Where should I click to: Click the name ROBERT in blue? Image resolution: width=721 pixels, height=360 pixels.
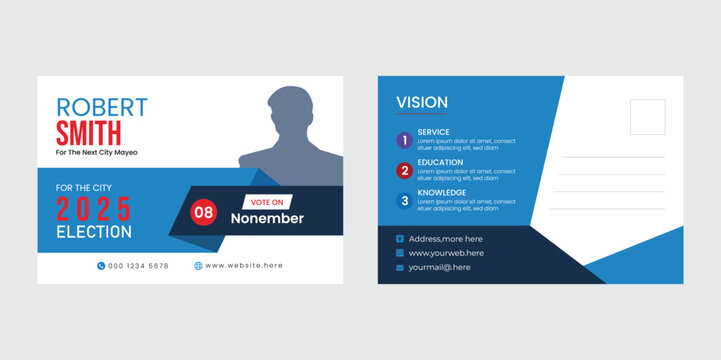coord(102,107)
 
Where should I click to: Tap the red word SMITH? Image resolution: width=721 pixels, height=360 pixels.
coord(89,133)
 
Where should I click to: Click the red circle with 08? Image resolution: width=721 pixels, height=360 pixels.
coord(204,212)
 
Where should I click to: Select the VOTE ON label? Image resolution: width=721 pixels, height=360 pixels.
coord(267,202)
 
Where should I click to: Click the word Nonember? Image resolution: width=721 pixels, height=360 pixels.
coord(267,219)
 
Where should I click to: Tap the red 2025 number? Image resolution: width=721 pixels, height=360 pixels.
coord(93,209)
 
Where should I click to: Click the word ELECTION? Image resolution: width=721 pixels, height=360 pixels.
coord(93,232)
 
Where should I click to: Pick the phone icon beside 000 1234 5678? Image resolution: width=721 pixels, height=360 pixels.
coord(101,266)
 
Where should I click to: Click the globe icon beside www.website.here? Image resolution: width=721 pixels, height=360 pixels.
coord(198,266)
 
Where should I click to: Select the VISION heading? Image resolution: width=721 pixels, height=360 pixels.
coord(422,103)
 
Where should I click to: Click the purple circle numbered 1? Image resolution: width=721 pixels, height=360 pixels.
coord(404,140)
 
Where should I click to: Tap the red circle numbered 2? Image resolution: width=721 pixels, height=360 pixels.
coord(404,170)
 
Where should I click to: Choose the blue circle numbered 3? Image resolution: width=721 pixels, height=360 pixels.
coord(404,200)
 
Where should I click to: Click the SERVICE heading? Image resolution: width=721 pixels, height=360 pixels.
coord(434,132)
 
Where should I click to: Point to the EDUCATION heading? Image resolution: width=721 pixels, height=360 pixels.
coord(440,162)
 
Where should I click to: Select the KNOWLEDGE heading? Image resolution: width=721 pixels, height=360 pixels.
coord(442,192)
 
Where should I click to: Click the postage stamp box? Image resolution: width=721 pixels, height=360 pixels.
coord(648,118)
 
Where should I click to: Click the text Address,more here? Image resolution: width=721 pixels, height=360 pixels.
coord(445,239)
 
